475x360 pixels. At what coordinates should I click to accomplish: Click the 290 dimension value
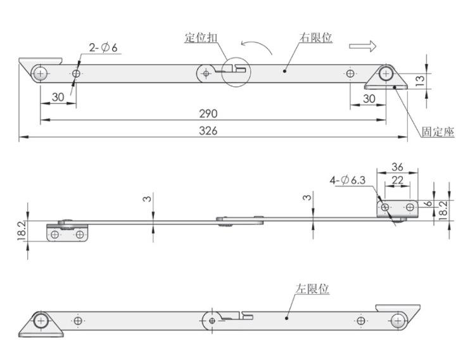[x=208, y=113]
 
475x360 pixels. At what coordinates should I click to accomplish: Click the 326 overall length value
[x=208, y=131]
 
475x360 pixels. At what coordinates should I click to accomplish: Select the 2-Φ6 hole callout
[x=103, y=48]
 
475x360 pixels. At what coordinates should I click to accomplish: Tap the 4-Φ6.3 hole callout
[x=348, y=181]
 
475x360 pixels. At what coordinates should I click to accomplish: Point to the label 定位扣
[x=201, y=38]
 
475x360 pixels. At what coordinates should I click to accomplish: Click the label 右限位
[x=315, y=37]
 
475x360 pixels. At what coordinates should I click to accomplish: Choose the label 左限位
[x=312, y=288]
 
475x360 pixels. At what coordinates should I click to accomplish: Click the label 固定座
[x=438, y=132]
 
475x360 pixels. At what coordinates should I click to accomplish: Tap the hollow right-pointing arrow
[x=363, y=46]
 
